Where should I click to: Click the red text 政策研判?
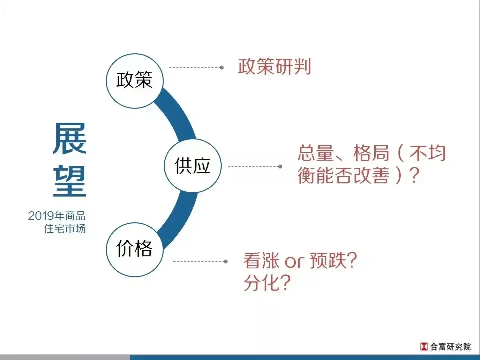click(274, 66)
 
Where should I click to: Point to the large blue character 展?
click(70, 138)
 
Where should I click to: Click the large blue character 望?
click(70, 181)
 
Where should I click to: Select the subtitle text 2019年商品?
click(57, 216)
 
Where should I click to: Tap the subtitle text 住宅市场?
click(65, 229)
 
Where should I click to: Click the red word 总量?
click(316, 153)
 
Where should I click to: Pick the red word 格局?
click(371, 153)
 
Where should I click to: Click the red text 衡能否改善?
click(343, 175)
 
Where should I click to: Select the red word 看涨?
click(261, 260)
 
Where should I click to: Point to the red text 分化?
click(261, 282)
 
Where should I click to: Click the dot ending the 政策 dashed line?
click(222, 67)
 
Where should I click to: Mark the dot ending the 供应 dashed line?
click(280, 167)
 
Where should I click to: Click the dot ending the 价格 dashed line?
click(226, 261)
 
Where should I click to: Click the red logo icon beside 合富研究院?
click(424, 346)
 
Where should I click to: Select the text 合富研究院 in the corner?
click(450, 347)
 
